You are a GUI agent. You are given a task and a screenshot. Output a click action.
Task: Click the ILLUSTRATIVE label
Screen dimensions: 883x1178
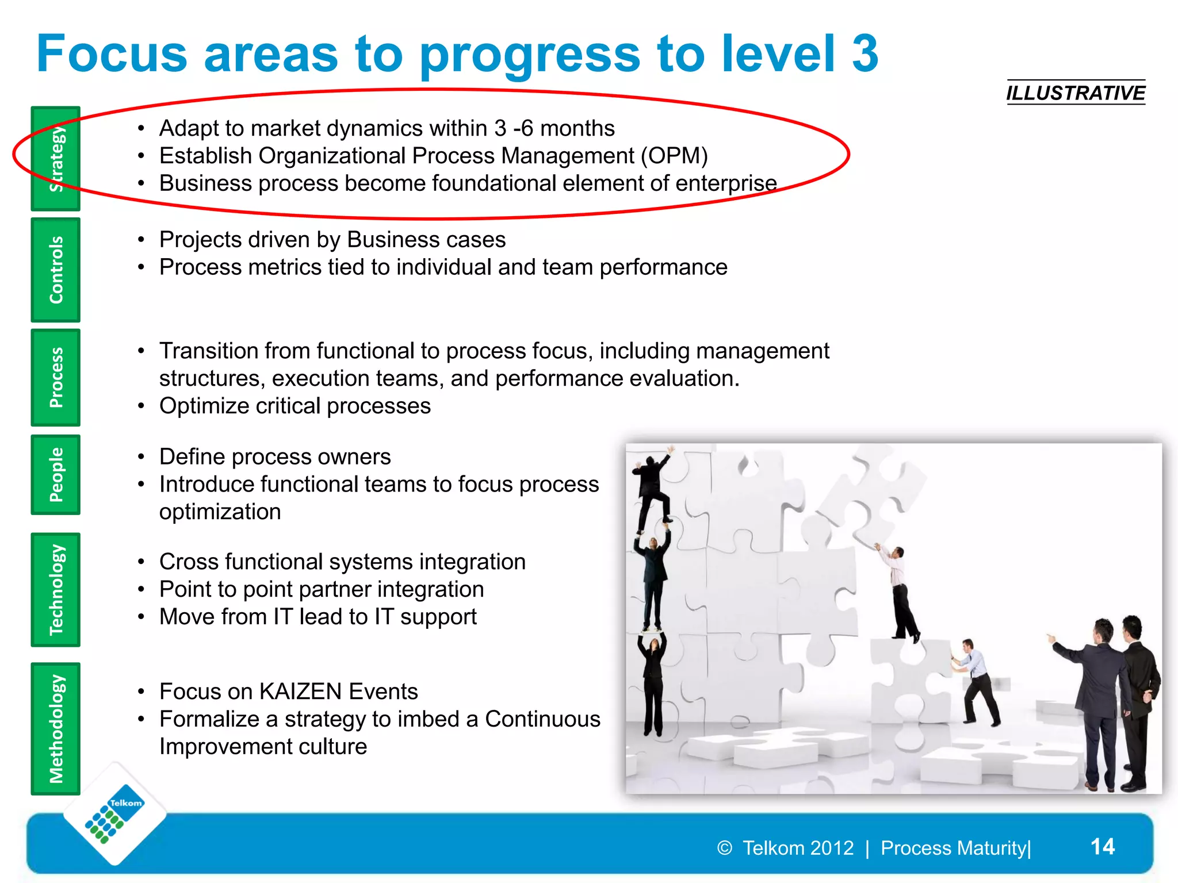click(1075, 93)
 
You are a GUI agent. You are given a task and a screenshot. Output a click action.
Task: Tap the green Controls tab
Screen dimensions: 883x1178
click(56, 270)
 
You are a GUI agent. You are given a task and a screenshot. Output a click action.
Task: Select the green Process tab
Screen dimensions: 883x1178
click(56, 378)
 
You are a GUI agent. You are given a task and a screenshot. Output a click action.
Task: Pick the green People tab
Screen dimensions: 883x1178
click(56, 475)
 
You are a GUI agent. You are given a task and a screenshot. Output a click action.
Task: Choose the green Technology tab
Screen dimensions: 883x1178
click(56, 590)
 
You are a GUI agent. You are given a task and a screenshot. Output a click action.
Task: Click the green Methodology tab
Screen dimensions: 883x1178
click(56, 729)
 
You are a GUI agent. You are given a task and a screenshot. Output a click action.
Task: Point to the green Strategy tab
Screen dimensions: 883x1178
click(56, 159)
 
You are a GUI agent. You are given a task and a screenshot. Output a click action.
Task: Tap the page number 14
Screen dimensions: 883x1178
click(1102, 846)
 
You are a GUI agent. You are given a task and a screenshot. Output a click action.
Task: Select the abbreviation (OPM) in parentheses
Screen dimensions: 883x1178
click(674, 156)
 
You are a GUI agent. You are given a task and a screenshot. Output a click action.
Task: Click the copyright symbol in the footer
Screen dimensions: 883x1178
click(725, 848)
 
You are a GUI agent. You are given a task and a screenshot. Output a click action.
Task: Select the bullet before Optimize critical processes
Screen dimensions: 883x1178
click(141, 406)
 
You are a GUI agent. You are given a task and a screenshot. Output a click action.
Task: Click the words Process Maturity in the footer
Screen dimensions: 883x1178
click(953, 848)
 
